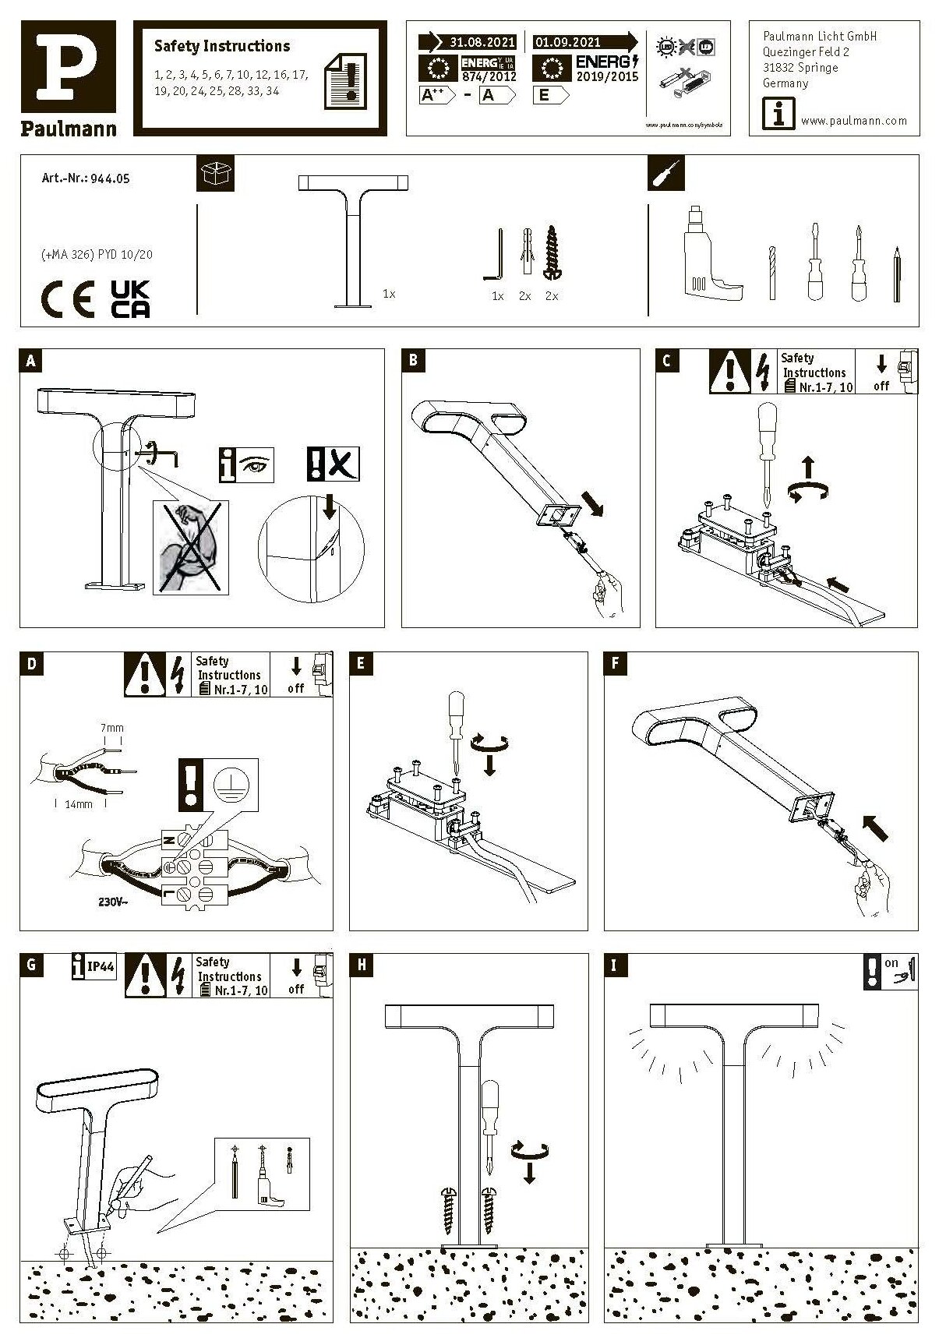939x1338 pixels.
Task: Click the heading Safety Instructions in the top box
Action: pyautogui.click(x=222, y=46)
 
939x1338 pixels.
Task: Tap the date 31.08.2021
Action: pyautogui.click(x=482, y=42)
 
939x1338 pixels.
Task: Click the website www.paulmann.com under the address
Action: pyautogui.click(x=854, y=121)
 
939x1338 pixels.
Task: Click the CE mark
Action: pyautogui.click(x=67, y=300)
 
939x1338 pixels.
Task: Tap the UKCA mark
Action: pyautogui.click(x=130, y=299)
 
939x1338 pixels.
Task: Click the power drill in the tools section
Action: pyautogui.click(x=710, y=256)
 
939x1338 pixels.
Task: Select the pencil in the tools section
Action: pyautogui.click(x=897, y=274)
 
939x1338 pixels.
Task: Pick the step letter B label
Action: pyautogui.click(x=413, y=360)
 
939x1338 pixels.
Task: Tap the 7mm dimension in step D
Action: pyautogui.click(x=112, y=728)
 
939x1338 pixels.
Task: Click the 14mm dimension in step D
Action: pyautogui.click(x=79, y=803)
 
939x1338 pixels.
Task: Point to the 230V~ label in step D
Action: pyautogui.click(x=114, y=902)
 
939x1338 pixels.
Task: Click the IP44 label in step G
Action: pyautogui.click(x=101, y=967)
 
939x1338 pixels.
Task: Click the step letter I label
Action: pyautogui.click(x=615, y=966)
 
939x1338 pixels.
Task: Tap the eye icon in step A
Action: pyautogui.click(x=255, y=464)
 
